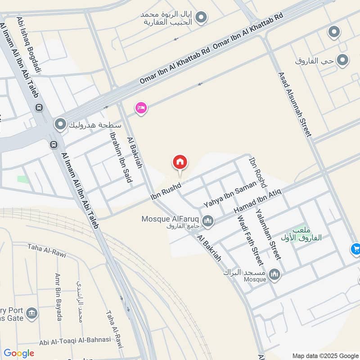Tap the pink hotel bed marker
(x=141, y=108)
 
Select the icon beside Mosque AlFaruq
(x=207, y=220)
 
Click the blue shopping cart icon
(x=355, y=248)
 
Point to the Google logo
(x=19, y=353)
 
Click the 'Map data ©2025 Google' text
(x=325, y=355)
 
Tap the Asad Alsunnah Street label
(x=295, y=104)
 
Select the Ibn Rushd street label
(x=166, y=191)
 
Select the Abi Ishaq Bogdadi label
(x=29, y=45)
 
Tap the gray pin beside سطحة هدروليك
(x=60, y=124)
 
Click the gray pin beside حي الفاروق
(x=343, y=60)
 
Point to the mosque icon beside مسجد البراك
(x=274, y=274)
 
